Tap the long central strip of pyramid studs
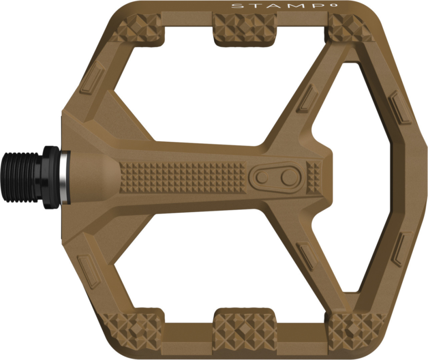point(184,177)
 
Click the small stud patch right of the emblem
point(315,176)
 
